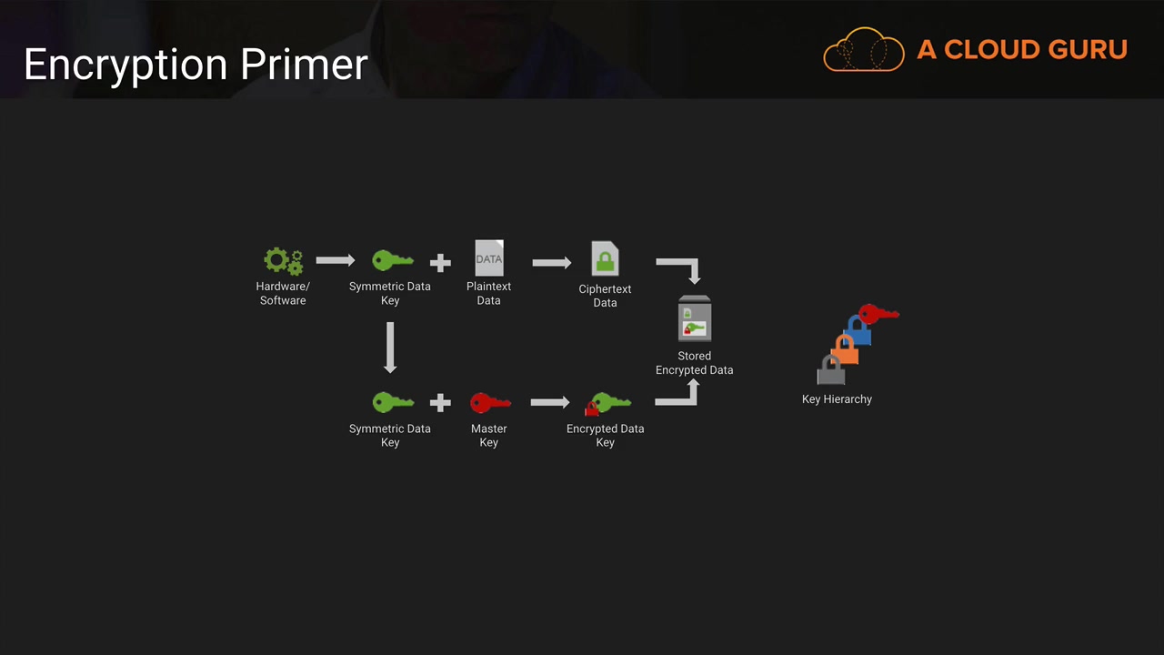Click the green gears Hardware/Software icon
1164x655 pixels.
pyautogui.click(x=283, y=261)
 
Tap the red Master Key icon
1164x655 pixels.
pyautogui.click(x=490, y=403)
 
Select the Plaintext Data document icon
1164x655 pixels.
pyautogui.click(x=489, y=257)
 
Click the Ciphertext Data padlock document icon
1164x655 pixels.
pyautogui.click(x=605, y=258)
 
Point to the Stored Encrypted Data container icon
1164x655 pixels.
pyautogui.click(x=694, y=318)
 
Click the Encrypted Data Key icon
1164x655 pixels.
pyautogui.click(x=607, y=404)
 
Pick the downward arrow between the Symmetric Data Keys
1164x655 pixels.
pyautogui.click(x=390, y=348)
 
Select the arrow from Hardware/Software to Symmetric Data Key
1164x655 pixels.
pyautogui.click(x=336, y=260)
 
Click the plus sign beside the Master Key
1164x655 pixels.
pyautogui.click(x=440, y=403)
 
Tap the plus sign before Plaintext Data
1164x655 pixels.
pyautogui.click(x=440, y=263)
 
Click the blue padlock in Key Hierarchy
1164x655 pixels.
pyautogui.click(x=858, y=331)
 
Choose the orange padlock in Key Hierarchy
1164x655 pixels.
pyautogui.click(x=845, y=350)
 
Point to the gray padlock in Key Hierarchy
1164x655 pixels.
pyautogui.click(x=831, y=369)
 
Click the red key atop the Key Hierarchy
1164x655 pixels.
pyautogui.click(x=878, y=314)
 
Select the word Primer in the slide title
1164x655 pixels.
pyautogui.click(x=304, y=64)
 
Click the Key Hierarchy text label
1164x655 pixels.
pyautogui.click(x=837, y=399)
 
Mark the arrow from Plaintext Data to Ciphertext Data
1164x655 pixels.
pyautogui.click(x=551, y=263)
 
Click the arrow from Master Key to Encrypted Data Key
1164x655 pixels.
pyautogui.click(x=550, y=402)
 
